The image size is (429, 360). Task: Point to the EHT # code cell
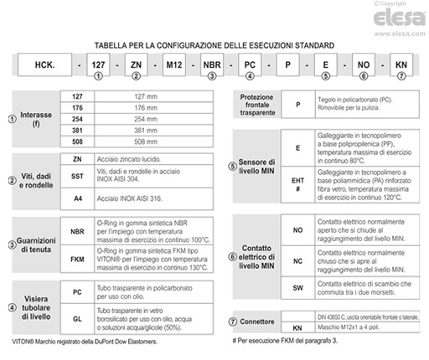tap(298, 184)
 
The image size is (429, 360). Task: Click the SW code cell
tap(297, 288)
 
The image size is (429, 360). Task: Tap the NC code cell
tap(297, 261)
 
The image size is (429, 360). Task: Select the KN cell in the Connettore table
tap(297, 327)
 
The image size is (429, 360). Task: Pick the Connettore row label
tap(257, 321)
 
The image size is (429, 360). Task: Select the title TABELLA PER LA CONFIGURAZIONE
tap(215, 44)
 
